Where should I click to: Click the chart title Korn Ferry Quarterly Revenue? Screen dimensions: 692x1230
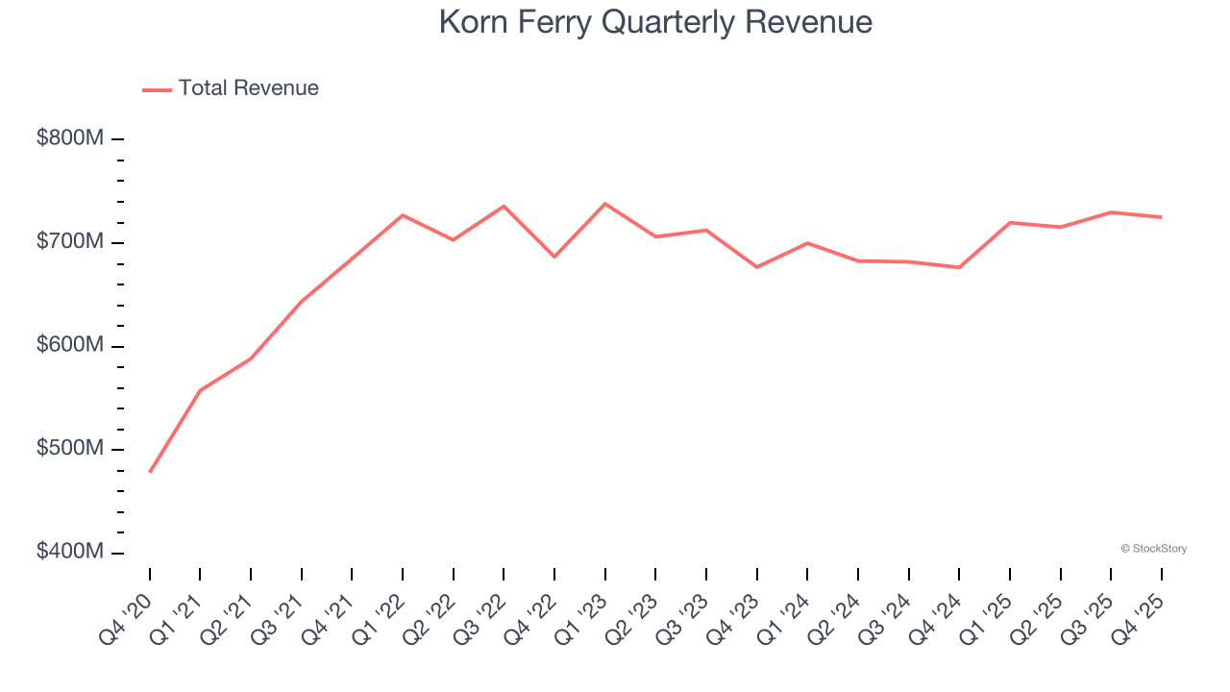pos(655,22)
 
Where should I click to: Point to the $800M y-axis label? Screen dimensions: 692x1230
pos(70,138)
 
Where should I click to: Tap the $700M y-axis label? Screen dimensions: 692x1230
pos(70,242)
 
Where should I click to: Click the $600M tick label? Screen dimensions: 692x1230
pos(70,346)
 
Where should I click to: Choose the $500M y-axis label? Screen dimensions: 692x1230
pos(70,450)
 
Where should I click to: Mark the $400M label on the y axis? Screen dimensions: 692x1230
pos(70,553)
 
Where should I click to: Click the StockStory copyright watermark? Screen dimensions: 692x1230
pos(1153,549)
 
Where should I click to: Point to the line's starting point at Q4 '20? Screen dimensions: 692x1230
pos(150,472)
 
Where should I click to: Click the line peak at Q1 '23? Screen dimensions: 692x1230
pos(605,204)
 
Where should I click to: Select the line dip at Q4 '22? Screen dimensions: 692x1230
pos(554,257)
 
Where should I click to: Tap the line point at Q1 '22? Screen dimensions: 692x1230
pos(403,215)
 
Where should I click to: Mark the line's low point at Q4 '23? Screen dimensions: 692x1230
pos(757,266)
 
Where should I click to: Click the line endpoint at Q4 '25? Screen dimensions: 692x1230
pos(1161,217)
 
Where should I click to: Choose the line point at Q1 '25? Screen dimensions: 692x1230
pos(1010,222)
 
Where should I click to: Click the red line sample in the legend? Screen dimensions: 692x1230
pos(157,89)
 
